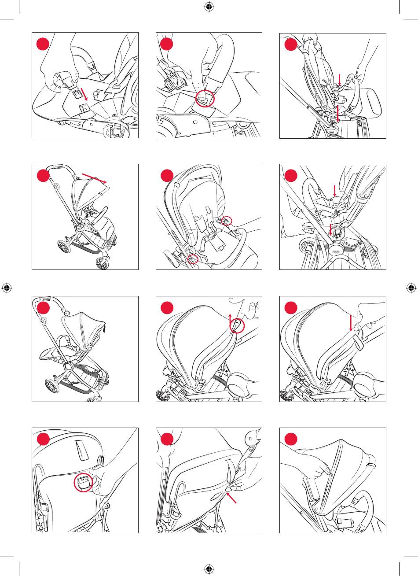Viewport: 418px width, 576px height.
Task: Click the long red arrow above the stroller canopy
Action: click(95, 178)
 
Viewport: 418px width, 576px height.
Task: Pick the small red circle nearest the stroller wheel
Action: click(192, 260)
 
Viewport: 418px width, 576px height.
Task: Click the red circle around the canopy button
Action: click(238, 325)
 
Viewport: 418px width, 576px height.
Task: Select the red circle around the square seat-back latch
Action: click(83, 482)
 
